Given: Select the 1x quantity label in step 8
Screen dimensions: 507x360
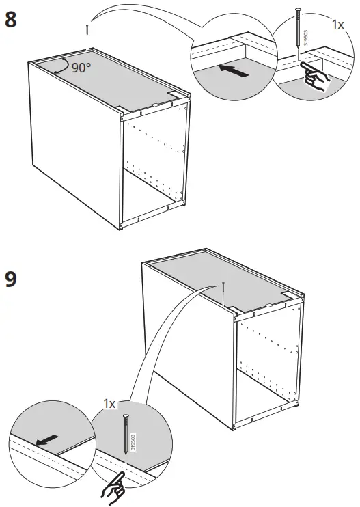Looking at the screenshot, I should coord(338,25).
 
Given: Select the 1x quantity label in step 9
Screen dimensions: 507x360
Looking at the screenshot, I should coord(110,405).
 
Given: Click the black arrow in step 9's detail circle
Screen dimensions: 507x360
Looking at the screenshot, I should coord(47,441).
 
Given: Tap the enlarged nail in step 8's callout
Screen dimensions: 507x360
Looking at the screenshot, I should coord(298,34).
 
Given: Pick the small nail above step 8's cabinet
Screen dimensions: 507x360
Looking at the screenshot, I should coord(87,36).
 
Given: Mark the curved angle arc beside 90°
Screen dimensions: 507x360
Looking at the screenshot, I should coord(64,66).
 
